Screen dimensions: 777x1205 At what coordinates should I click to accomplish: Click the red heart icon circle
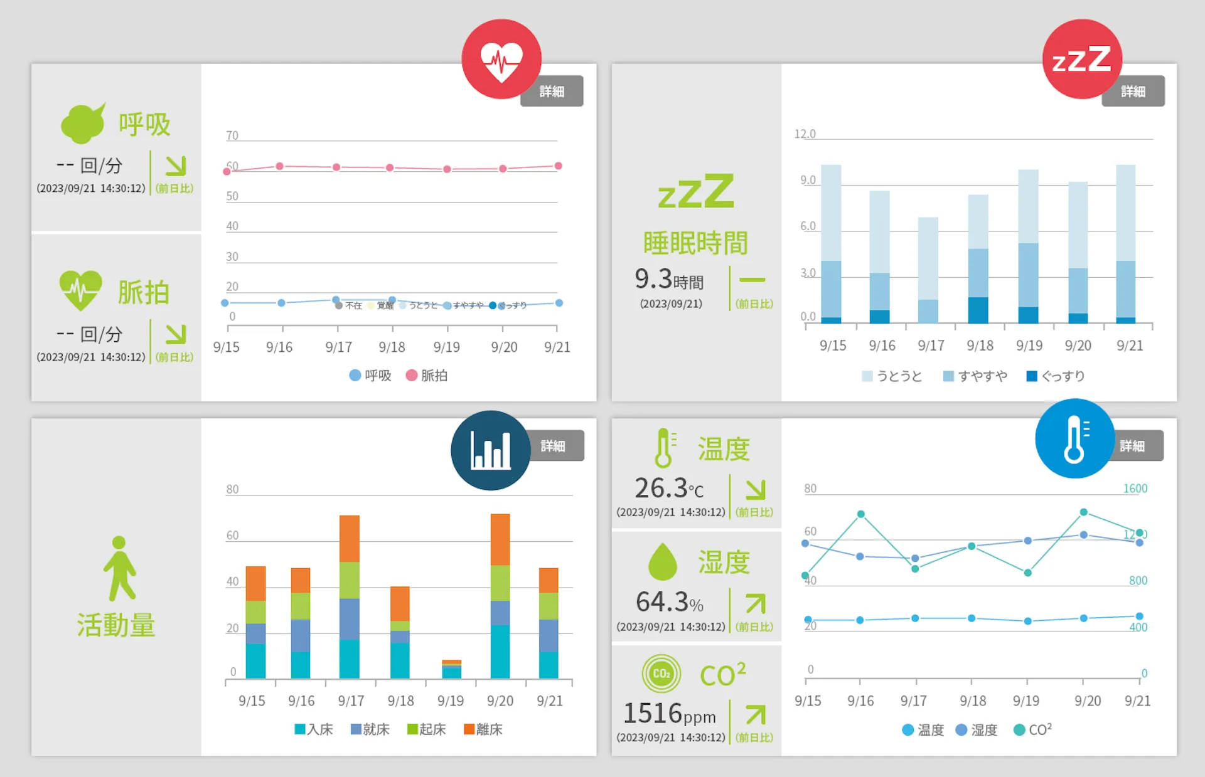(x=501, y=59)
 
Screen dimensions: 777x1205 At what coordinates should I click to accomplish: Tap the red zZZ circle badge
(x=1081, y=59)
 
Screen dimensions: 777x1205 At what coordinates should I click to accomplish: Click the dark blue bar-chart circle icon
(x=490, y=450)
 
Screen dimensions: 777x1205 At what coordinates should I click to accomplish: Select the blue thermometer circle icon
(x=1074, y=438)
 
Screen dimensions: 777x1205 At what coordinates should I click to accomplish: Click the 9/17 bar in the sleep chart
(x=928, y=270)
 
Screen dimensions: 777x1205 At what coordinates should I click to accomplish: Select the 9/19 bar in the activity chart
(x=451, y=669)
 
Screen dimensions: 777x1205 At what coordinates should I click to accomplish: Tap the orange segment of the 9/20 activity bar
(x=500, y=539)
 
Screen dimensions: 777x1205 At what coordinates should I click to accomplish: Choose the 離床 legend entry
(x=483, y=729)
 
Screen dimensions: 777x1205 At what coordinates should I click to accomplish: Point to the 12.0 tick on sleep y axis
(x=805, y=134)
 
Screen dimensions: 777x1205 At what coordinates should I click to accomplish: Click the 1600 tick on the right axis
(x=1135, y=489)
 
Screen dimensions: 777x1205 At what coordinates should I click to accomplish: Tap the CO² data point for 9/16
(x=861, y=514)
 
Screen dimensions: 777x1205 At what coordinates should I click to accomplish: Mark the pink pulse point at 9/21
(x=558, y=166)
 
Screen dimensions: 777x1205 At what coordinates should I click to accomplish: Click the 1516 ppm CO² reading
(x=669, y=714)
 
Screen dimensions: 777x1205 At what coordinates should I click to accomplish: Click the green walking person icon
(x=119, y=568)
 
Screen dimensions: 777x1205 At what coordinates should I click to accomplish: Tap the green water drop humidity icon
(x=662, y=562)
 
